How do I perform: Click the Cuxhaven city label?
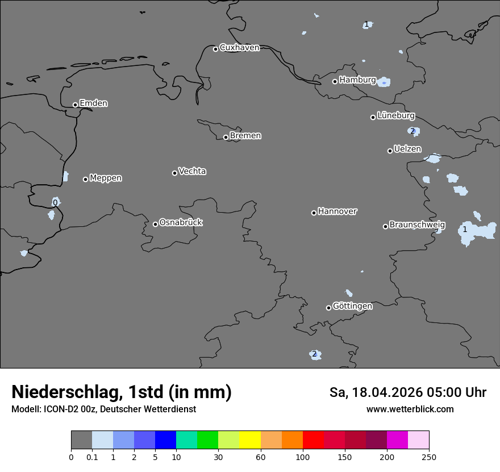coord(239,48)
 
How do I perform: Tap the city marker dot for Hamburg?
coord(335,81)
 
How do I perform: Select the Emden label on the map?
coord(93,103)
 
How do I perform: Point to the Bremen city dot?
coord(226,137)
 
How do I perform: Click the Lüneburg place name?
coord(395,115)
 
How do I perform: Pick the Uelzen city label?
coord(407,149)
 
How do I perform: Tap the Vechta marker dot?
coord(174,173)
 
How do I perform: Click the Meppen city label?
coord(106,178)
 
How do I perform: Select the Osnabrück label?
coord(181,222)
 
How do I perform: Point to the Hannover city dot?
coord(314,213)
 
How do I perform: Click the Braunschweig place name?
coord(417,225)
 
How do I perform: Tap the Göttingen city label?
coord(352,306)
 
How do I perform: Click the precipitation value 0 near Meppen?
coord(55,203)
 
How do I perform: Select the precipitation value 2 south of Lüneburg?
coord(413,131)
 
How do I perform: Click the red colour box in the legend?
coord(313,440)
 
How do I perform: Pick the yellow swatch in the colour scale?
coord(250,440)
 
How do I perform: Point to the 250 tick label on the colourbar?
coord(429,457)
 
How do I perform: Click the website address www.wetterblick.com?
coord(410,409)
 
